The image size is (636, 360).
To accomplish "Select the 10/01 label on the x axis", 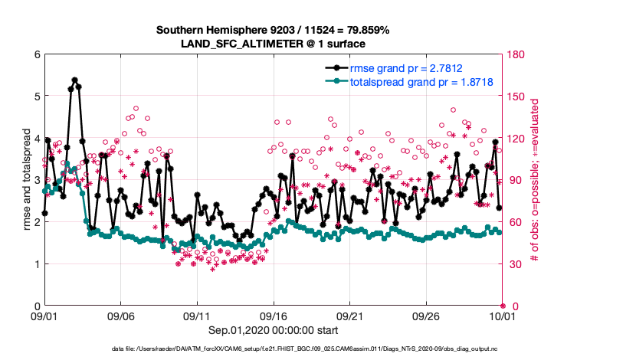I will coord(502,316).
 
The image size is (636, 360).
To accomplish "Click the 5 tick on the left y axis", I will coord(36,97).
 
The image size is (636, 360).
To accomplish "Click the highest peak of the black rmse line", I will coord(74,80).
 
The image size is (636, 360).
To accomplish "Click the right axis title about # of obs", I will coord(536,180).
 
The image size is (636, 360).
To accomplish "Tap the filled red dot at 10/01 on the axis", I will coord(502,306).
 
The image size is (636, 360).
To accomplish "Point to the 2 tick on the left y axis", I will coord(36,222).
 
